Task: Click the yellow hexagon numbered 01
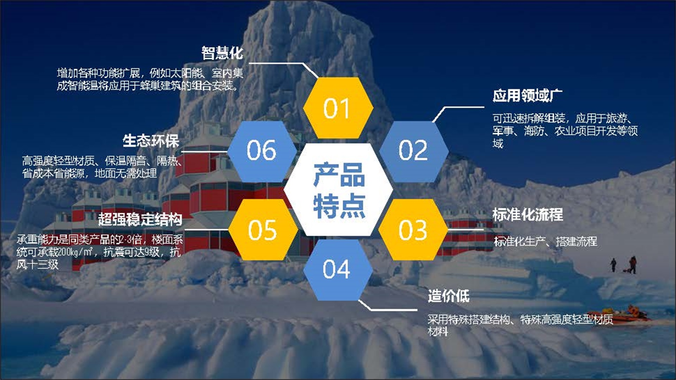338,108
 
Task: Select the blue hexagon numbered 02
413,151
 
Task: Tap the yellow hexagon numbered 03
413,230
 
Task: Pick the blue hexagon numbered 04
337,270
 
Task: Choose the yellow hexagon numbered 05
263,230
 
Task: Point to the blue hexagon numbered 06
262,151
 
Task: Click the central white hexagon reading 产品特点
338,190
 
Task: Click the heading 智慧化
222,53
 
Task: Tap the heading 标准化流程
527,215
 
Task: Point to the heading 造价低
449,296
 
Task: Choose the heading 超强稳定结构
140,219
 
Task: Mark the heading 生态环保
151,141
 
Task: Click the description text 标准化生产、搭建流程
545,241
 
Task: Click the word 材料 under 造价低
438,331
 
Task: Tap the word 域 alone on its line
498,144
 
